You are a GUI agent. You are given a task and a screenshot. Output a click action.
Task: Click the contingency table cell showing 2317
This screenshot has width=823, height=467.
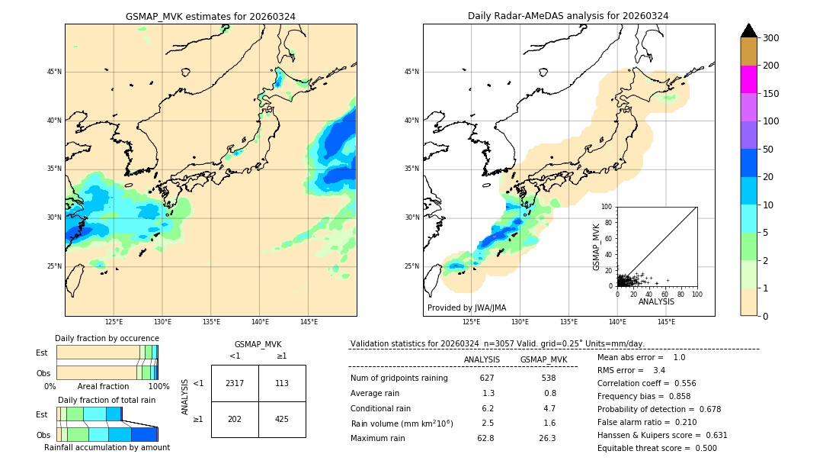235,383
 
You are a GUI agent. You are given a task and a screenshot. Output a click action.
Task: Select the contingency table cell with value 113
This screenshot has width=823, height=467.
282,383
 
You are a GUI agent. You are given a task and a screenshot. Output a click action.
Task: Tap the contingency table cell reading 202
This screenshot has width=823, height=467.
235,419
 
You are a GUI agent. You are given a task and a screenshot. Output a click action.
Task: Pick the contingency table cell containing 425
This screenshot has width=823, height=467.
282,419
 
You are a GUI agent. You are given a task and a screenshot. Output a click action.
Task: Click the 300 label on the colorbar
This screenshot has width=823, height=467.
771,38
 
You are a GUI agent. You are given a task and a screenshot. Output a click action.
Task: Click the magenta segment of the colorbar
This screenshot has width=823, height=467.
749,79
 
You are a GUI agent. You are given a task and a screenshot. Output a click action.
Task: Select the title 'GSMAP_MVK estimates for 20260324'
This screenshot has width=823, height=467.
210,16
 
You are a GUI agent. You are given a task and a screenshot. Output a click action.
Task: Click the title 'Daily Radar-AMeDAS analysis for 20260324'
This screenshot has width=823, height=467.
568,16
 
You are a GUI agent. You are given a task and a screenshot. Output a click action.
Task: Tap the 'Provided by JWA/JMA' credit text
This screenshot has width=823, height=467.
466,308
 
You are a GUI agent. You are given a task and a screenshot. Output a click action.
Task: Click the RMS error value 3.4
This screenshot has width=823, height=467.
659,370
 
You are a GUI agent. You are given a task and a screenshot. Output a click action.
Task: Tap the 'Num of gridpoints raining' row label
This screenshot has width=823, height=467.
399,378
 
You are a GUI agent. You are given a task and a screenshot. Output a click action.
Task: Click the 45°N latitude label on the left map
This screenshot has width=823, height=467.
53,72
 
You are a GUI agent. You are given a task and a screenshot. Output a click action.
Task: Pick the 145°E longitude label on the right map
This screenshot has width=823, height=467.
667,322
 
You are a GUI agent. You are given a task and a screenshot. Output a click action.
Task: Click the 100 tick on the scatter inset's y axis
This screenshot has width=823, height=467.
607,207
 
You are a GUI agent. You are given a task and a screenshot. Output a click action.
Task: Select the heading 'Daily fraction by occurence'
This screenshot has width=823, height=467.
107,338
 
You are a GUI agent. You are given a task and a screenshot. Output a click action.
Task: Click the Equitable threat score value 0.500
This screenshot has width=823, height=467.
701,448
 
